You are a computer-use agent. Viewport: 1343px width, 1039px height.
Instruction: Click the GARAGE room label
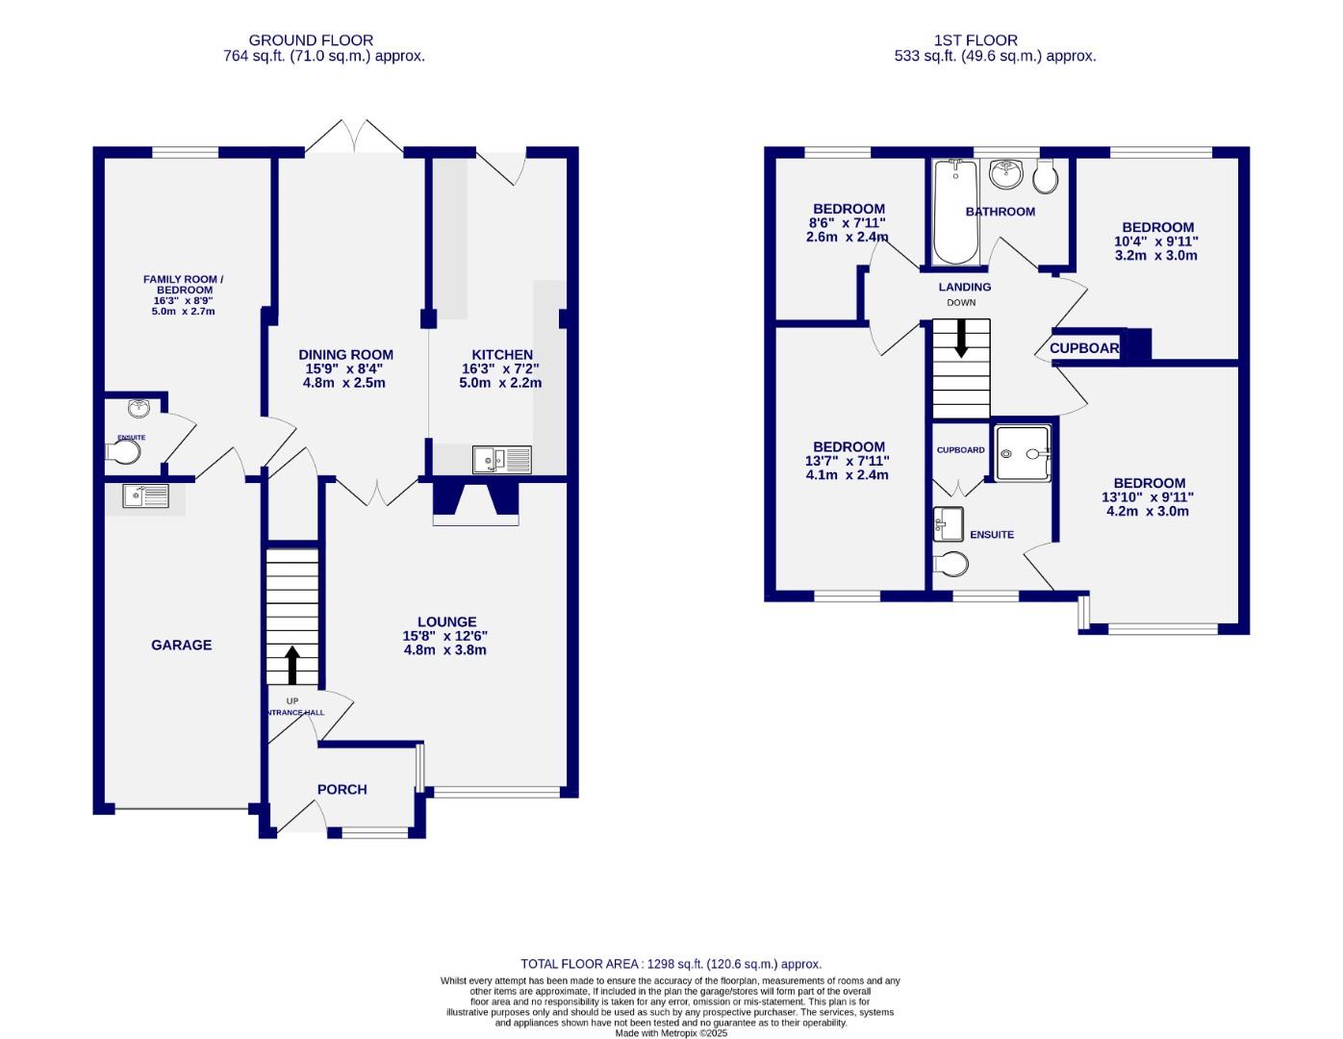181,646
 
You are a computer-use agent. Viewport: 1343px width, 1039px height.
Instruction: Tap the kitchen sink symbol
501,460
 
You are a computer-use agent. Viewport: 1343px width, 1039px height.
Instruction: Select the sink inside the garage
145,495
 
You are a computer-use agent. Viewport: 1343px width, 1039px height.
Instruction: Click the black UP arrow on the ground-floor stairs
292,665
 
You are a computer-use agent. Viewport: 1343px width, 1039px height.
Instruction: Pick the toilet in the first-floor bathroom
1046,176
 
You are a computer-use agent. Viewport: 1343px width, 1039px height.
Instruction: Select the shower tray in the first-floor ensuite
1023,453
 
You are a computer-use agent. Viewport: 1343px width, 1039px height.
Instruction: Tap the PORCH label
342,790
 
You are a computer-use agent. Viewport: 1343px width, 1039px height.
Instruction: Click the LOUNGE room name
446,622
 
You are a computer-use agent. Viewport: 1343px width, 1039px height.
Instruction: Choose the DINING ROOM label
345,355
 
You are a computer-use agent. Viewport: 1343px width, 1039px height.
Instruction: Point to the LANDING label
965,287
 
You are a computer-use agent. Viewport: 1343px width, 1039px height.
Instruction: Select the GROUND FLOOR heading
311,40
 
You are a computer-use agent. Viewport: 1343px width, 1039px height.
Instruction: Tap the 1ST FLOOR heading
976,40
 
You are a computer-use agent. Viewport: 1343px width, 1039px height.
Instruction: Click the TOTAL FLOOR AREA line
671,964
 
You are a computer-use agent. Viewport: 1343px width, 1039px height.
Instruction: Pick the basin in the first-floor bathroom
1006,173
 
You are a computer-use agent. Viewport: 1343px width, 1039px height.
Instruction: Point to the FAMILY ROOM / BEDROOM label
183,285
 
